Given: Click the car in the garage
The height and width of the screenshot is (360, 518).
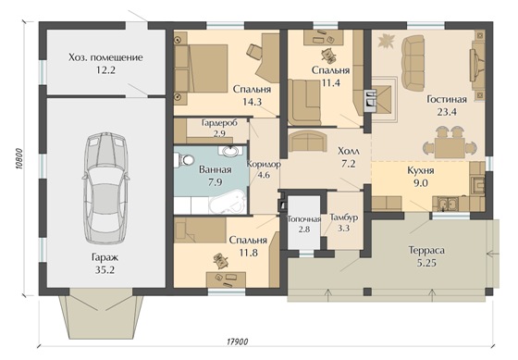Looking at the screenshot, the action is click(105, 189).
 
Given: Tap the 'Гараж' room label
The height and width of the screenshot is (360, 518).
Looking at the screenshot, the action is click(105, 257).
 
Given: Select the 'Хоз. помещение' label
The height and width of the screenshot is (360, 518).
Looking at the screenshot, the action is click(105, 57).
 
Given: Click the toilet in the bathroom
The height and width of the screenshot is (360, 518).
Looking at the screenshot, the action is click(185, 160).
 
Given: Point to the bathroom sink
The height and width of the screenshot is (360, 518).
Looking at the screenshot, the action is click(230, 151).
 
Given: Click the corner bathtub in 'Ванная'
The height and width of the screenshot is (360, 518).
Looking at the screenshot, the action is click(228, 202).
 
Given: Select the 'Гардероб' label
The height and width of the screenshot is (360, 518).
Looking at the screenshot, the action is click(219, 123).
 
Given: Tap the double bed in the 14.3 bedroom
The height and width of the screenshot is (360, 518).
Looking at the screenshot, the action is click(202, 68).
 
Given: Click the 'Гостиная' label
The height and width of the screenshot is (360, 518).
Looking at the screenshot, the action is click(447, 99).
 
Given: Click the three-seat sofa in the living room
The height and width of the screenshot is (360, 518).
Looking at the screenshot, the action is click(413, 64).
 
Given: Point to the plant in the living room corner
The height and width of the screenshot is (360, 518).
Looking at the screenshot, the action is click(387, 41).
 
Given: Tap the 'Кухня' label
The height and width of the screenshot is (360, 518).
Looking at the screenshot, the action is click(421, 170).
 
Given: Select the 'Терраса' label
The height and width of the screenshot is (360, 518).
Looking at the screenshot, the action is click(426, 250).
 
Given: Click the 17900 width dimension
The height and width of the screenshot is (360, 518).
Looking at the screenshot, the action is click(237, 341).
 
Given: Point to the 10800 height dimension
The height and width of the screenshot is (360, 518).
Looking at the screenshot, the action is click(19, 158).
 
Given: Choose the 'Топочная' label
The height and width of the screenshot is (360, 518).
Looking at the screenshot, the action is click(304, 219).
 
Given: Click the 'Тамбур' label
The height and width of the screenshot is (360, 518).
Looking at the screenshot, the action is click(344, 217).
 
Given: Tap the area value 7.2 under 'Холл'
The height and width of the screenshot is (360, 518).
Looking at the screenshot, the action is click(349, 163).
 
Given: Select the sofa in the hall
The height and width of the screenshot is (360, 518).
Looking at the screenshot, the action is click(307, 141).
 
